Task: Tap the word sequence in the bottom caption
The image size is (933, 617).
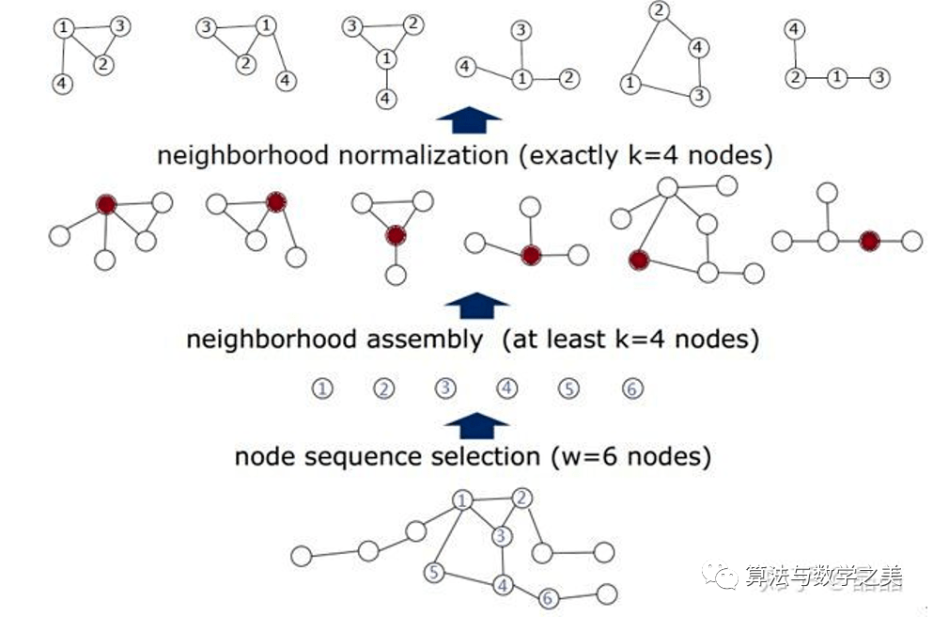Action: (x=376, y=457)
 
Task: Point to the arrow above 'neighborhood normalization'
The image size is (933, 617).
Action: (x=469, y=120)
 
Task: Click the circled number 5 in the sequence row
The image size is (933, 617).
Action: (x=568, y=388)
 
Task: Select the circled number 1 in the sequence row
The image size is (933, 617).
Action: (x=322, y=388)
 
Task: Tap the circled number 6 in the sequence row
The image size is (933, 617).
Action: (x=632, y=388)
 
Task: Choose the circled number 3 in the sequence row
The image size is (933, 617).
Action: (x=445, y=388)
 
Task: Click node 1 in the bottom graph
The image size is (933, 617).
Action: (x=461, y=500)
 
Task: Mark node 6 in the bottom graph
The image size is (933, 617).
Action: (x=550, y=597)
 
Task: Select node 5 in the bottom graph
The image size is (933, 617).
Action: (x=433, y=571)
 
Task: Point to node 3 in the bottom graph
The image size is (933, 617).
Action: (x=503, y=536)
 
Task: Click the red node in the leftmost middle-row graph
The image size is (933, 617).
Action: (x=106, y=205)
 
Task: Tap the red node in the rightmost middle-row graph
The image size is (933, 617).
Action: (x=869, y=242)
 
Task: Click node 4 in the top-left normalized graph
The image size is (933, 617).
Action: (x=61, y=84)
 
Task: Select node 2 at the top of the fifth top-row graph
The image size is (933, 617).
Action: (x=660, y=12)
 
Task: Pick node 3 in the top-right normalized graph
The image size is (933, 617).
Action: (x=879, y=78)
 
